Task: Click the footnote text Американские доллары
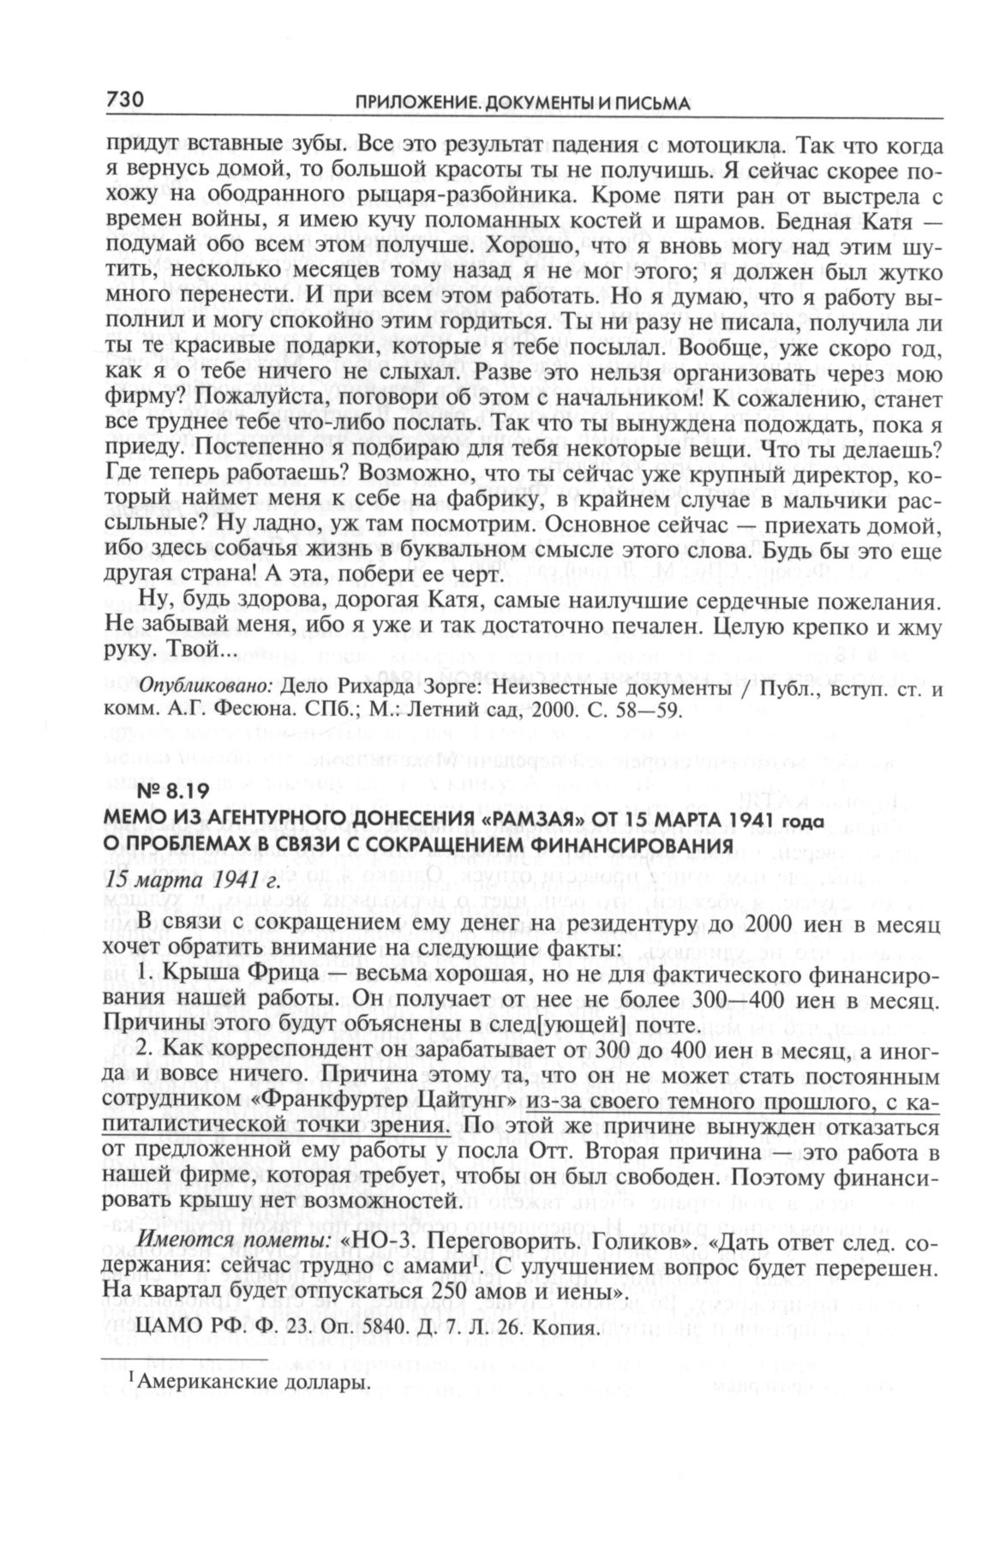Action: pos(243,1383)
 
